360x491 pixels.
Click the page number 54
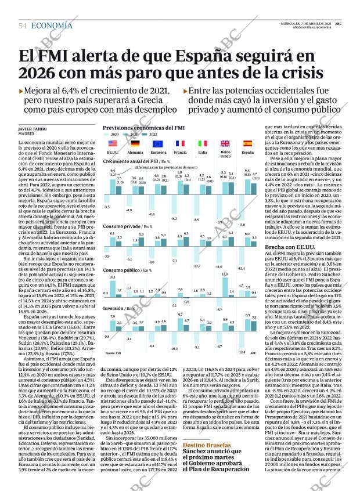point(23,26)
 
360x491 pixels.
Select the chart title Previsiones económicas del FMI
point(143,127)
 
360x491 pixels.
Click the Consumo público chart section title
point(123,270)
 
